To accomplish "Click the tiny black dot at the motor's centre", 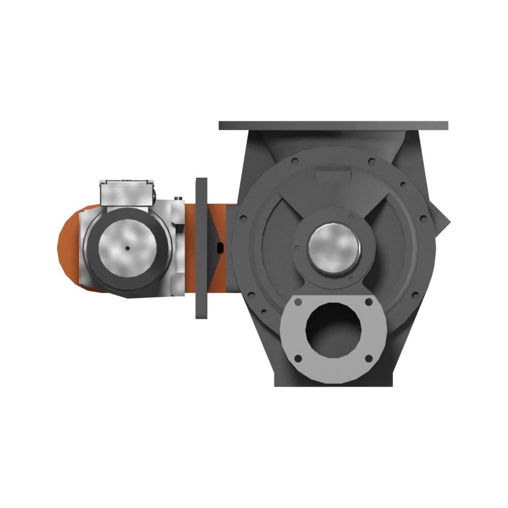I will [127, 248].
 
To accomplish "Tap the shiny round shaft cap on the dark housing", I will [334, 246].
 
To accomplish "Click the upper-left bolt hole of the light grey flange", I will [298, 302].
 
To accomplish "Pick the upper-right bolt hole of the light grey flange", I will [369, 302].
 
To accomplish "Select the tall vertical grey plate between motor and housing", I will [202, 248].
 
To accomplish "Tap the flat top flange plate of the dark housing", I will [333, 125].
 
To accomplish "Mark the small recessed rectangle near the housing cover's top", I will [330, 176].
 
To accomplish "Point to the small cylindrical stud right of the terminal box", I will [178, 199].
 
